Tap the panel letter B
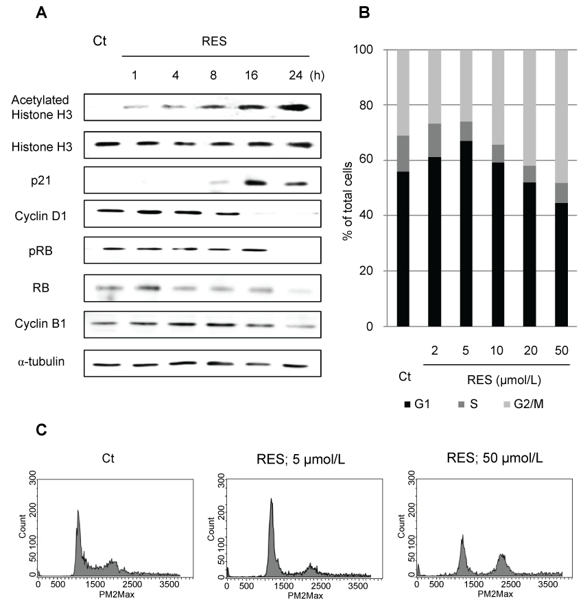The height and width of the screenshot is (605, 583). tap(364, 12)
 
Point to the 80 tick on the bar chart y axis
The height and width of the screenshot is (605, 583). tap(380, 105)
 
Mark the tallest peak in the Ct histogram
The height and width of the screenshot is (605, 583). tap(78, 511)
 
